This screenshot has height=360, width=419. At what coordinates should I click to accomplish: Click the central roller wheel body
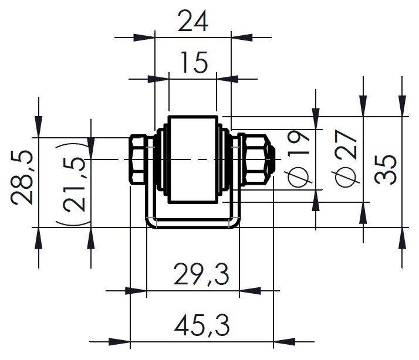pos(192,159)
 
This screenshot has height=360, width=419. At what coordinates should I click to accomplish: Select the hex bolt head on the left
pos(137,159)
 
